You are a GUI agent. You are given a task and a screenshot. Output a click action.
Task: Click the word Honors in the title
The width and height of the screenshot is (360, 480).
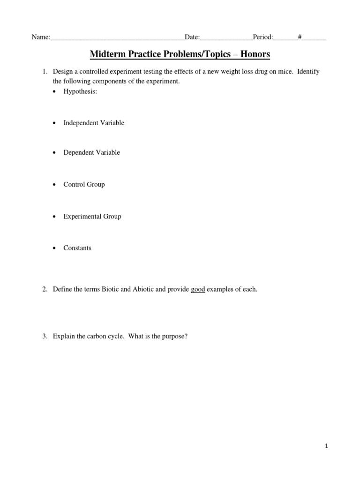(255, 55)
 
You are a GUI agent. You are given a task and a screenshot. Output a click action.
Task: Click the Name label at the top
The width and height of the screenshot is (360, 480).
(40, 37)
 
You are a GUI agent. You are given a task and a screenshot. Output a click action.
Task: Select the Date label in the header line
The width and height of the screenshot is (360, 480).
(192, 37)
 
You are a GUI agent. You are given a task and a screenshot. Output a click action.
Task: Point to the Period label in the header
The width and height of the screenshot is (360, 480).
(262, 37)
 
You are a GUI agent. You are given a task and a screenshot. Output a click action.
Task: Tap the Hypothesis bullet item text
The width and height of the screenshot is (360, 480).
(80, 91)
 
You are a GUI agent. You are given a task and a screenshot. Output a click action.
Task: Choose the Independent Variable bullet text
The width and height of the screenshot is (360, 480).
(94, 123)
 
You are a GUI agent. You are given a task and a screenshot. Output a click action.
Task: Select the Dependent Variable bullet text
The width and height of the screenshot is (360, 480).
(91, 152)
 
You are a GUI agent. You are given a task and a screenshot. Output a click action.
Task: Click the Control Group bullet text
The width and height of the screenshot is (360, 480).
(84, 184)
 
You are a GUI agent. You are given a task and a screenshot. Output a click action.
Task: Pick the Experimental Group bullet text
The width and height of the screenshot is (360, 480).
(92, 216)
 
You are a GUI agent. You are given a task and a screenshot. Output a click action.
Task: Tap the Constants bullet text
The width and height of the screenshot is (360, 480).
(77, 248)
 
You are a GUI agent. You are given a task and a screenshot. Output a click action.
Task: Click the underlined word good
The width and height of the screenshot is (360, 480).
(198, 289)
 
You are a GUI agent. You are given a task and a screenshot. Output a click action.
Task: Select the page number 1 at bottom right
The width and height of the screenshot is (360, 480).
(326, 447)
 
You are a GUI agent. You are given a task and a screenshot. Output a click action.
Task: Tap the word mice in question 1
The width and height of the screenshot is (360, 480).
(285, 72)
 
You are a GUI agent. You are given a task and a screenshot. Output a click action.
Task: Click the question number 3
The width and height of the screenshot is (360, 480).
(45, 336)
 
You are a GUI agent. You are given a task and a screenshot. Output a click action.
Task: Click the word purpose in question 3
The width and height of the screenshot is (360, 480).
(175, 336)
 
